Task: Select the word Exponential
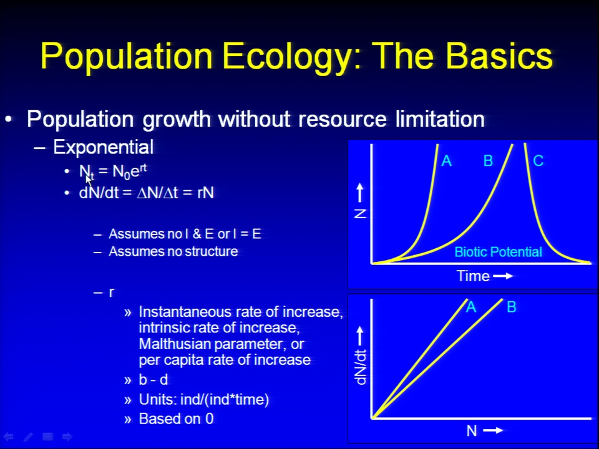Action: [x=103, y=147]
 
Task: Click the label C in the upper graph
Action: [x=538, y=161]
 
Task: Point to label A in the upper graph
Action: [x=446, y=161]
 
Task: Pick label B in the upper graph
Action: [x=488, y=161]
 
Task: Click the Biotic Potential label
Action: [x=498, y=252]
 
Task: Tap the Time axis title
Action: [x=473, y=276]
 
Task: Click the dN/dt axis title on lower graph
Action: [x=361, y=367]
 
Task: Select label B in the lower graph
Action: [x=512, y=307]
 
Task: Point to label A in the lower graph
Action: [x=470, y=307]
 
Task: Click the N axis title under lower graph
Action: [x=472, y=431]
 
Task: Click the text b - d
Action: [x=153, y=380]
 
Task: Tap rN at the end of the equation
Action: [x=205, y=193]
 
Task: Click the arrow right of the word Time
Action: [x=503, y=276]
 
